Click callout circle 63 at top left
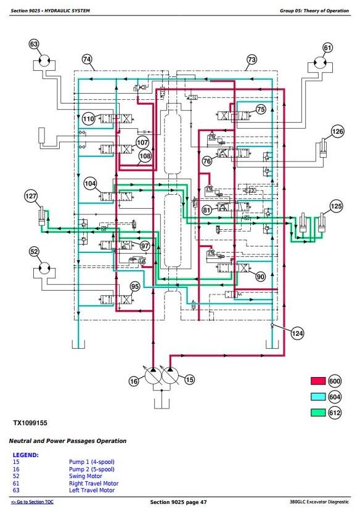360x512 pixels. pos(34,44)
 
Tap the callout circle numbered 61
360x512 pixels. pos(328,47)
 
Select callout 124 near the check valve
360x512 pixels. pos(297,333)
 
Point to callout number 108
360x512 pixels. pos(145,156)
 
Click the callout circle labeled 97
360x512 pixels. pos(145,246)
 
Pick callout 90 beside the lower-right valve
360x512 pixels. pos(260,277)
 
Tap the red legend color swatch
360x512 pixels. pos(318,381)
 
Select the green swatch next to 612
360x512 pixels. pos(318,412)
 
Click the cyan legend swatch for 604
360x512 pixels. pos(318,397)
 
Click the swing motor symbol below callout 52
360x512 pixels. pos(44,268)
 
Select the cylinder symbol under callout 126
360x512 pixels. pos(324,149)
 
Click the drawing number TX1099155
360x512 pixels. pos(30,423)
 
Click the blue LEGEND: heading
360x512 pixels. pos(25,455)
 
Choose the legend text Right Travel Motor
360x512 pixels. pos(94,483)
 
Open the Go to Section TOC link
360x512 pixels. pos(32,502)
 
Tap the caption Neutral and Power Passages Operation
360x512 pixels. pos(68,441)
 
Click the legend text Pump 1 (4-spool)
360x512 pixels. pos(92,462)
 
